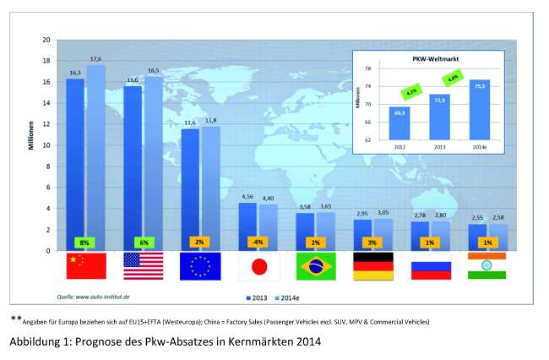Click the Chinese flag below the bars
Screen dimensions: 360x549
[x=86, y=266]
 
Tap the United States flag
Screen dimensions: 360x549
[x=144, y=266]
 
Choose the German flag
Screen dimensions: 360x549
[x=372, y=266]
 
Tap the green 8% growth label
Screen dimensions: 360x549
[x=85, y=242]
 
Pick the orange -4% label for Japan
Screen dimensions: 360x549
[x=258, y=242]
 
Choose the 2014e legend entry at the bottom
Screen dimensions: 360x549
[x=289, y=296]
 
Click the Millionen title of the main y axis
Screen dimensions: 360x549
[x=28, y=145]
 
